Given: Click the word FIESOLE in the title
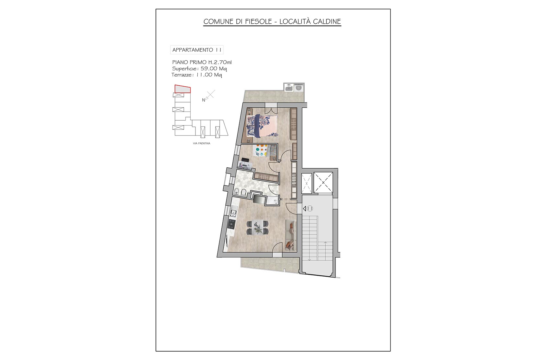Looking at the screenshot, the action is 258,22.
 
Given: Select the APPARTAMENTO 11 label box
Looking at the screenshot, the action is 197,50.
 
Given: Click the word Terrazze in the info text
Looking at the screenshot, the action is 182,75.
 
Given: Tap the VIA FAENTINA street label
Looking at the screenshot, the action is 202,143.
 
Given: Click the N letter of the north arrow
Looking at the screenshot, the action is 204,100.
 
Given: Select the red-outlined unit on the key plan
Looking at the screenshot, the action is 182,89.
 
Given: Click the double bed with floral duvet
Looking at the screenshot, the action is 262,126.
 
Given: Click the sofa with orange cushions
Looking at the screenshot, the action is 290,235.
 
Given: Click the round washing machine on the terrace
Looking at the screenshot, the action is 299,88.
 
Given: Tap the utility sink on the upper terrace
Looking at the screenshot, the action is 288,88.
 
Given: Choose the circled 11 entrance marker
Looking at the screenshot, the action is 310,209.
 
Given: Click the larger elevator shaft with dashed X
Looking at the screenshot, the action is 323,183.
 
